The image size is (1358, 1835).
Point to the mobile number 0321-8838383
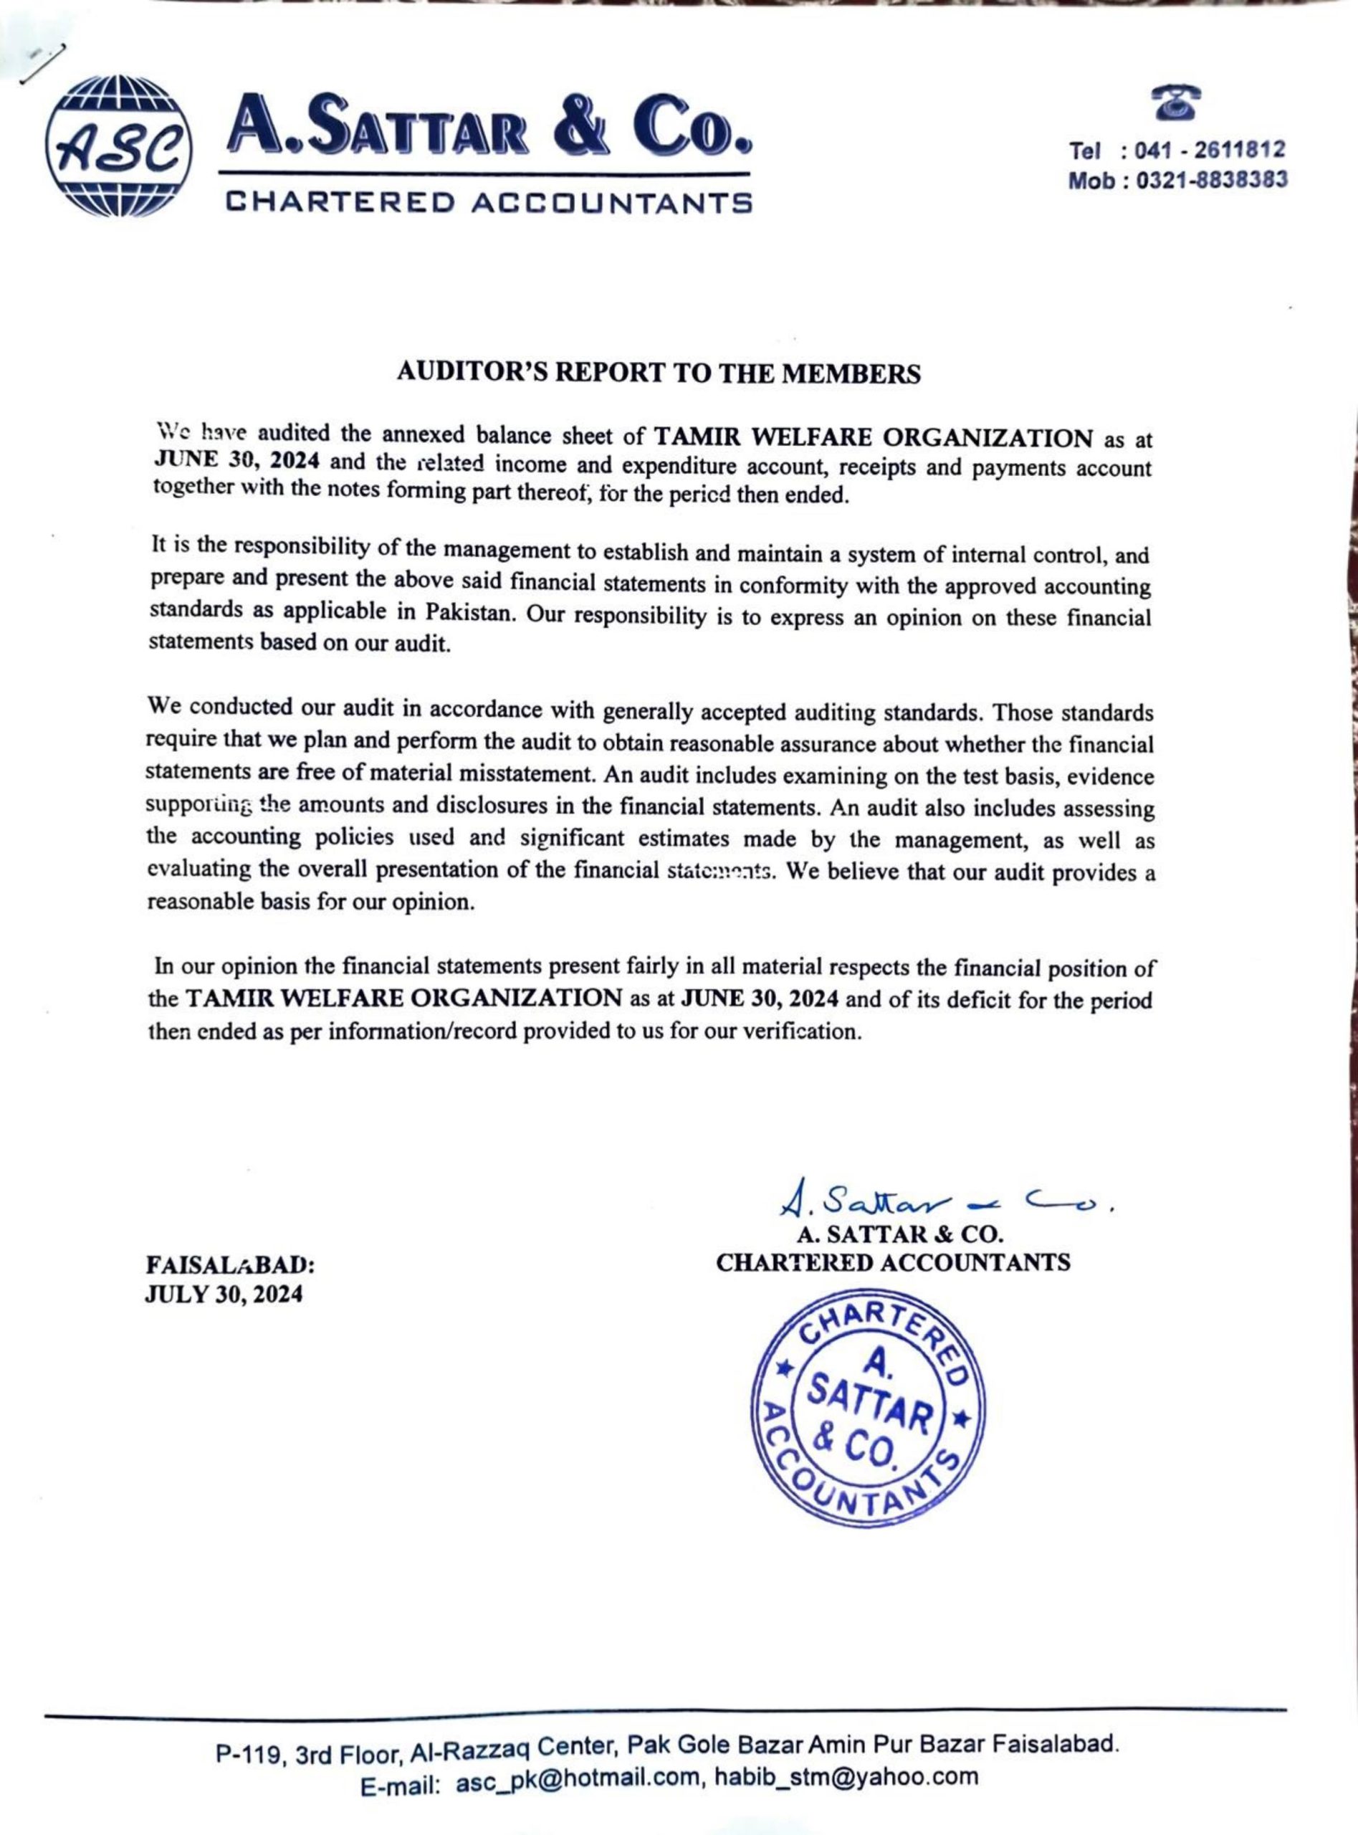[x=1211, y=180]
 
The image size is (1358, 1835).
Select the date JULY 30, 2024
[x=224, y=1294]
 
